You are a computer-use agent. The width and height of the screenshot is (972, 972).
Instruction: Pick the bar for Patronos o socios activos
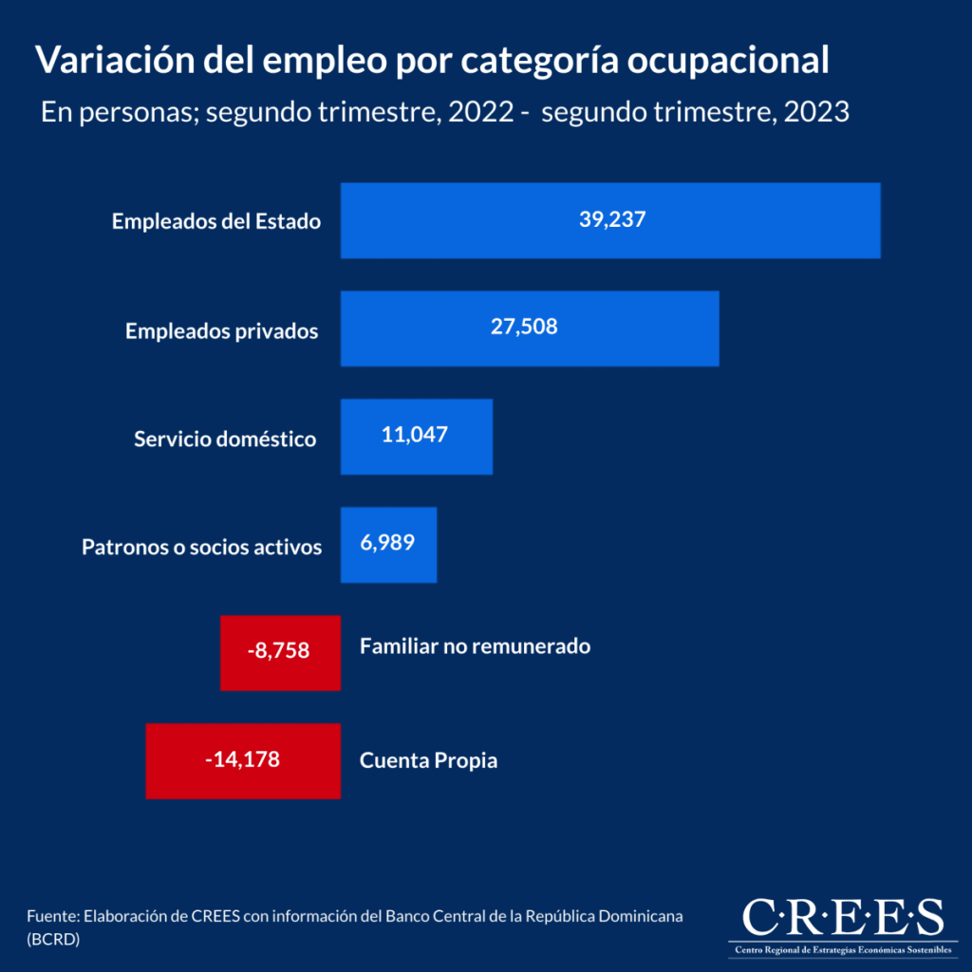pos(418,545)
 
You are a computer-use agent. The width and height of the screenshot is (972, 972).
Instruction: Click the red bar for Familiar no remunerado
pos(237,652)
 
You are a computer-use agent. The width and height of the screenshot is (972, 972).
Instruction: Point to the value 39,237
pos(612,219)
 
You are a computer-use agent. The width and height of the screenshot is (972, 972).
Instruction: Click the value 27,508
pos(524,327)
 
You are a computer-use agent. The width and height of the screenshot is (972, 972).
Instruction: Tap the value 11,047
pos(414,436)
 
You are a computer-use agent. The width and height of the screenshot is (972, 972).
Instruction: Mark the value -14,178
pos(242,759)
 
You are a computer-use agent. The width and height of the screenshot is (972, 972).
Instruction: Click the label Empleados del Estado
pos(216,222)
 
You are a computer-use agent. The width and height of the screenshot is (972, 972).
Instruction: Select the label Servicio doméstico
pos(225,439)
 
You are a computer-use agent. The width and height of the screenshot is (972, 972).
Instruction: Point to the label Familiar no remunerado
pos(476,646)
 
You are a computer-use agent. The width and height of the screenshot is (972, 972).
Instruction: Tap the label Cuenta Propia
pos(429,761)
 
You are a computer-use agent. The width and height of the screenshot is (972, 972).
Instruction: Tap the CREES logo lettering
pos(843,918)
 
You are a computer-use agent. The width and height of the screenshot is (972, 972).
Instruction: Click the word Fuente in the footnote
pos(52,918)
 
